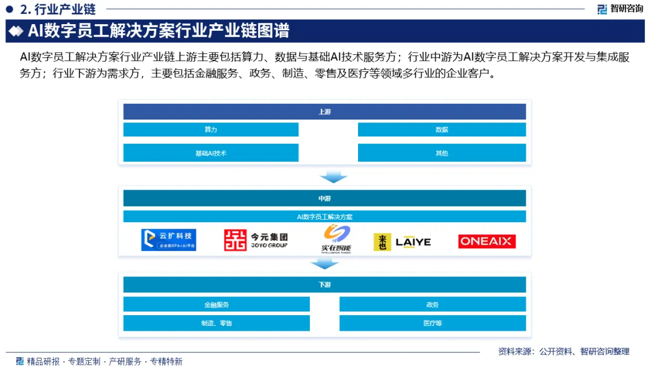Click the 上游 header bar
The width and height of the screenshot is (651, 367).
[x=324, y=112]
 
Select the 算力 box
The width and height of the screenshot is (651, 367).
[x=210, y=130]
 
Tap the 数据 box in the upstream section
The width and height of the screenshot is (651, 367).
[x=441, y=130]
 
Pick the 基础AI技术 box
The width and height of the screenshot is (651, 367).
[x=210, y=153]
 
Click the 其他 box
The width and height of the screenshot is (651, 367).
[x=441, y=153]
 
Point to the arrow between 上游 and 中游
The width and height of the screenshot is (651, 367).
[x=333, y=176]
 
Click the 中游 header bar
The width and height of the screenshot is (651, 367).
[x=324, y=199]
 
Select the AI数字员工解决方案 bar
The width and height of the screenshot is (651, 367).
[x=324, y=216]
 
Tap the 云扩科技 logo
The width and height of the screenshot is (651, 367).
[x=169, y=240]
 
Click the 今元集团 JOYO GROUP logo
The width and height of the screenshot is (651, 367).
[x=256, y=240]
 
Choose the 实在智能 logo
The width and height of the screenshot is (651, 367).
[x=336, y=240]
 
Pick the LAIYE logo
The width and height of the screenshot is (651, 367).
[x=402, y=242]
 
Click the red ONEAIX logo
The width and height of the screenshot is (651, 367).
[x=486, y=241]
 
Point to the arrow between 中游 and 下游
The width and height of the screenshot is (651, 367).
[x=324, y=263]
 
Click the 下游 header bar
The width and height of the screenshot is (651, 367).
[x=324, y=284]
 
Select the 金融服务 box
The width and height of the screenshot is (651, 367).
[x=216, y=304]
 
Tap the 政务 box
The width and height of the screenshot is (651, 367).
[x=432, y=304]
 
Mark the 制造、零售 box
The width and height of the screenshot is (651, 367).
[x=216, y=323]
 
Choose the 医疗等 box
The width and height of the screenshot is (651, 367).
[x=432, y=323]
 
